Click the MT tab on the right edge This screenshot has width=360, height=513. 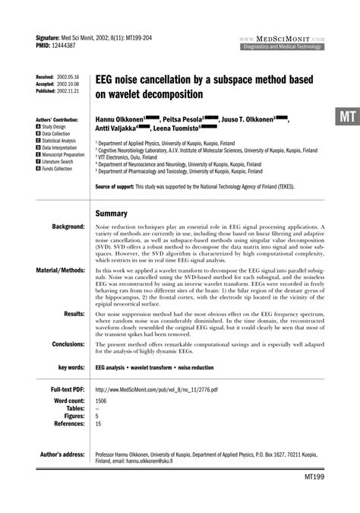point(346,117)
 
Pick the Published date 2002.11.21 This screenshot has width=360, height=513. point(67,90)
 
